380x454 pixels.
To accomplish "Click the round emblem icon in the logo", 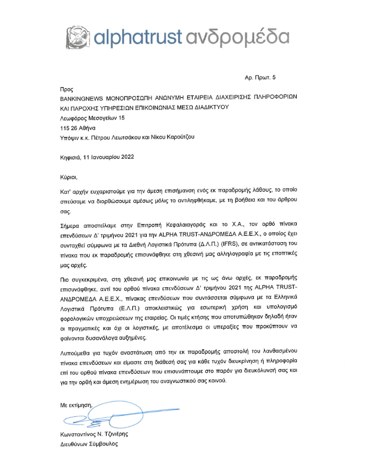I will click(78, 36).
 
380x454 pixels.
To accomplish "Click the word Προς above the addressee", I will click(66, 90).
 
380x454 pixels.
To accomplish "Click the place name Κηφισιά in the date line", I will click(71, 156).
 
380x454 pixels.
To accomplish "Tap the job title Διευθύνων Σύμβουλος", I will click(89, 443).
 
